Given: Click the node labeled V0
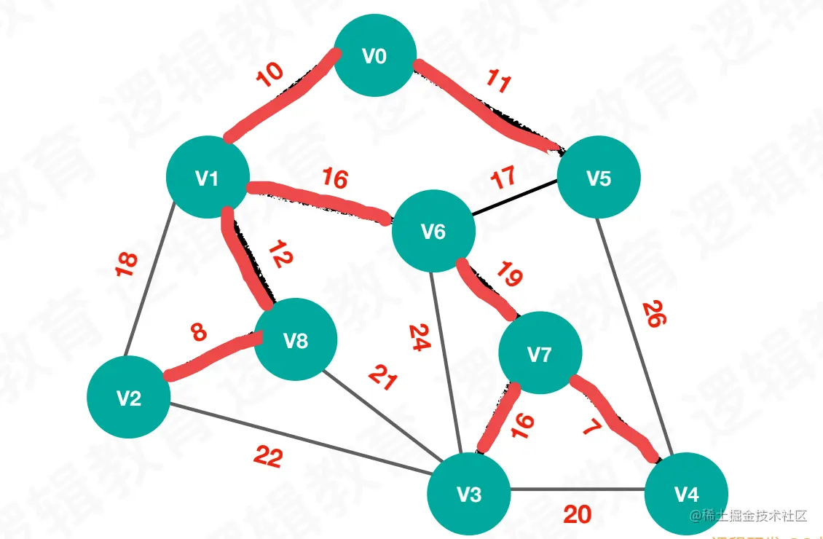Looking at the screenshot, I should tap(374, 56).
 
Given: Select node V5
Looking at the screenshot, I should tap(599, 178).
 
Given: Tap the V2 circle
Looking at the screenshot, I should tap(129, 397).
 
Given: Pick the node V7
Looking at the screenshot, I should tap(540, 354).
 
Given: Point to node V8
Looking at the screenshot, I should tap(296, 340).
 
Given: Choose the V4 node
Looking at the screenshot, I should tap(686, 494).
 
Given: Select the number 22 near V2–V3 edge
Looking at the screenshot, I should tap(267, 457).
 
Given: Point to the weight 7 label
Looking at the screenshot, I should tap(591, 427).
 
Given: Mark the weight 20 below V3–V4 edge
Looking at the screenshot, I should tap(577, 515).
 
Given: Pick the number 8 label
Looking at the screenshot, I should tap(198, 333).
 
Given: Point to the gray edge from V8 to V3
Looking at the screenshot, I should tap(379, 412).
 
